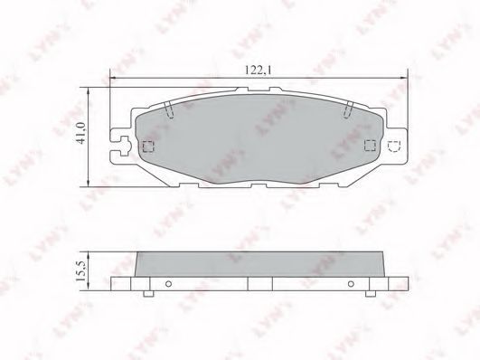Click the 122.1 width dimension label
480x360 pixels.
(258, 71)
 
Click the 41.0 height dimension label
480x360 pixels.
(80, 132)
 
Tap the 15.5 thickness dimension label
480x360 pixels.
(81, 271)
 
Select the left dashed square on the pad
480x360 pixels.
(148, 147)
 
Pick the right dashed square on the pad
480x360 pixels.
(370, 146)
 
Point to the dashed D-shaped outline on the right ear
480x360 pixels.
(394, 147)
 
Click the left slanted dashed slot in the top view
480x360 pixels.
(169, 109)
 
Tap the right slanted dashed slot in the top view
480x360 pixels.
(348, 109)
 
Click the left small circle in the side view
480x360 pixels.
(168, 284)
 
